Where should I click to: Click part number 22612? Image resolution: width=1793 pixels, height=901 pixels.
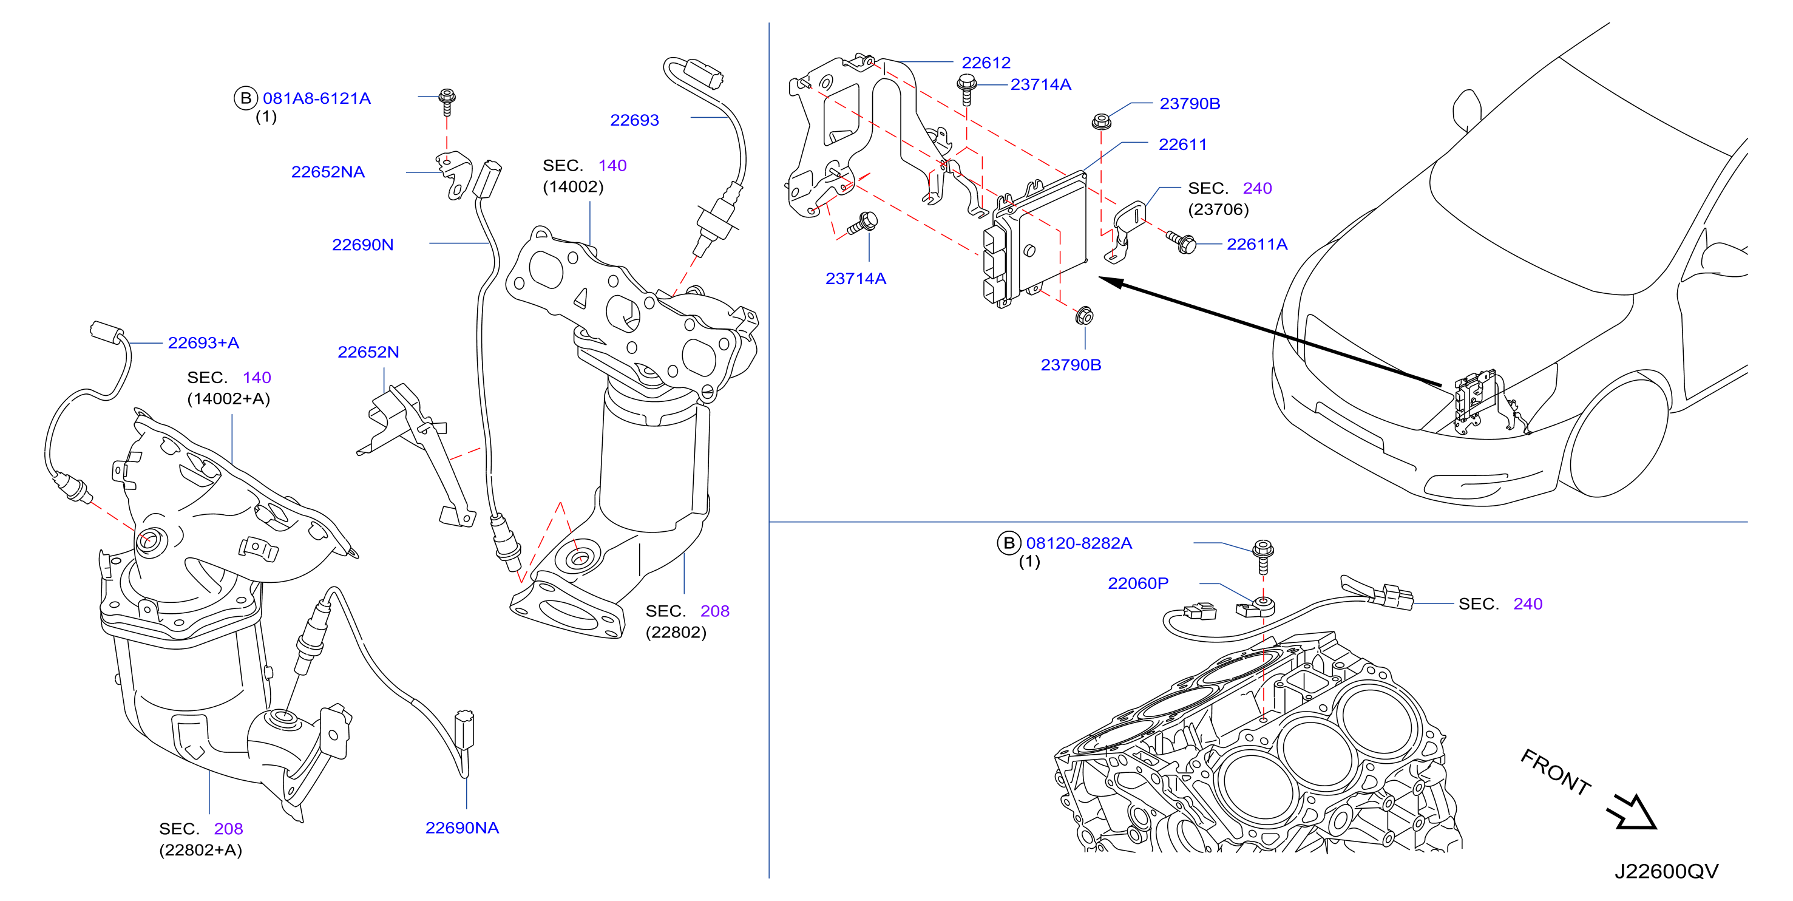click(986, 63)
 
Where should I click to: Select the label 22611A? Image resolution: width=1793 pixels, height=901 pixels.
click(1256, 245)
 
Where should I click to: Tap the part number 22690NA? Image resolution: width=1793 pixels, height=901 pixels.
click(461, 828)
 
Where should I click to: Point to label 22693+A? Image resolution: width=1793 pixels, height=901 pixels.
click(203, 342)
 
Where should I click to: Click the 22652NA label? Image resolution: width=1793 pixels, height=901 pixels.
click(327, 172)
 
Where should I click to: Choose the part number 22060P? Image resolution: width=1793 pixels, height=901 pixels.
click(1137, 583)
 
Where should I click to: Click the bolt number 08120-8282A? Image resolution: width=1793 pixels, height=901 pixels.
click(1078, 543)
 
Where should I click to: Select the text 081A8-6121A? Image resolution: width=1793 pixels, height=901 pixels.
click(316, 99)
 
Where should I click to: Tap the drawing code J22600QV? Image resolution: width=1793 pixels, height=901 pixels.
click(1666, 872)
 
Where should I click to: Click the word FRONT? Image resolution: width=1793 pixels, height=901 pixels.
click(1556, 772)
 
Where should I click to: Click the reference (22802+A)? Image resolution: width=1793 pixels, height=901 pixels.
click(200, 850)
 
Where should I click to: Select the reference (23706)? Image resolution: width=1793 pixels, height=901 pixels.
click(1218, 209)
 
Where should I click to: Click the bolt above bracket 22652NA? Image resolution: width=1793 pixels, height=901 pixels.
click(447, 103)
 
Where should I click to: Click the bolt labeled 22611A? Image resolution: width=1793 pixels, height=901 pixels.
click(1182, 242)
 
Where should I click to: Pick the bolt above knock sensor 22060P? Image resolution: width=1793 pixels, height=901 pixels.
click(1263, 556)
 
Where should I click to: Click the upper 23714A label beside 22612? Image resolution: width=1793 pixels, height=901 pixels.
click(1040, 85)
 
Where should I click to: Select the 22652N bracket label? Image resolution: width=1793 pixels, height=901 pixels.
click(368, 352)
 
